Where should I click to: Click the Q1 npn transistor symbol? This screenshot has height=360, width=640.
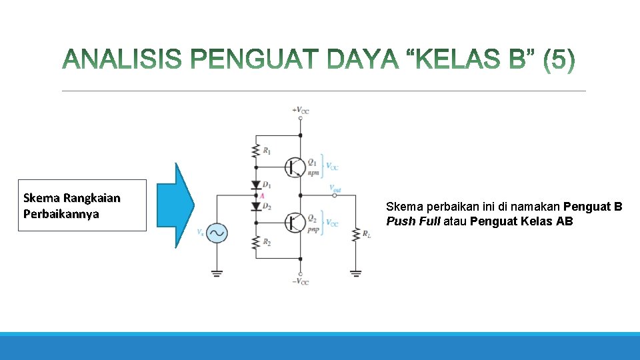coord(293,167)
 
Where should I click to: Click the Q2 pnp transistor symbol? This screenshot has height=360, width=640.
coord(293,222)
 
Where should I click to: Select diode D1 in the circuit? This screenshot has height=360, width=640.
coord(255,185)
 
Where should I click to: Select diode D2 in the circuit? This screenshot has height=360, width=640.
coord(255,206)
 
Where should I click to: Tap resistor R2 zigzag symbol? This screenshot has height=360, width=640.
coord(255,243)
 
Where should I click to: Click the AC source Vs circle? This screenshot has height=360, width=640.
coord(217,233)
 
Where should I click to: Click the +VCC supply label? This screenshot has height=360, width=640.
coord(300,110)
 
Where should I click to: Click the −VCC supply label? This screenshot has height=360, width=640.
coord(300,282)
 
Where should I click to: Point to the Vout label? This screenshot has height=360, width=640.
coord(335,188)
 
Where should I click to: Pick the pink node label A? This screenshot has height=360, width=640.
coord(262,195)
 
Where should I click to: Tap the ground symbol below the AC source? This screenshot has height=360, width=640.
coord(217,272)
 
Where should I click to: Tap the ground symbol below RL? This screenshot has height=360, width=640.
coord(355,272)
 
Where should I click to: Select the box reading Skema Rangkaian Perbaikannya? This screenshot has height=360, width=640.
coord(82,205)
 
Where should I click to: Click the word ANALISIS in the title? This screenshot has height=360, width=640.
coord(121,61)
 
